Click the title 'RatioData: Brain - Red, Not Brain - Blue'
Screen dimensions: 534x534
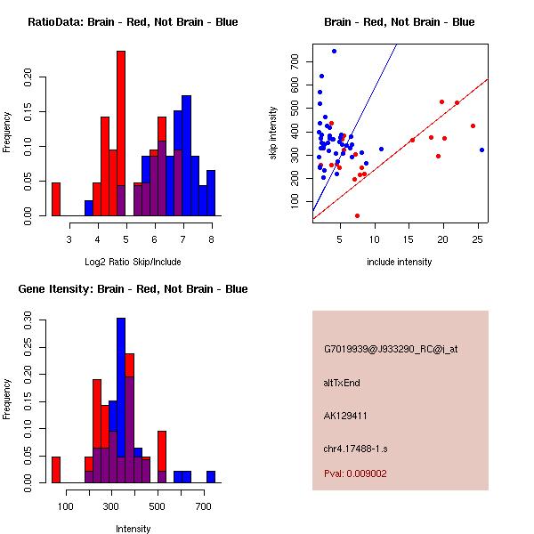tap(133, 21)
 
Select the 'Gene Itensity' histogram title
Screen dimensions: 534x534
tap(133, 289)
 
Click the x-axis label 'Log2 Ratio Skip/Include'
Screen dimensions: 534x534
tap(133, 262)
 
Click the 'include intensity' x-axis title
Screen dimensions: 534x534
tap(400, 262)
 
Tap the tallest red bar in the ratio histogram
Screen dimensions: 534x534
tap(121, 133)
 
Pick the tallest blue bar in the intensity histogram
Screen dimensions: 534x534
tap(121, 400)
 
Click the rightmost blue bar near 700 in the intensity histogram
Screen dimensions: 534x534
tap(211, 477)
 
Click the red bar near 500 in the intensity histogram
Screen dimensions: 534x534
tap(162, 457)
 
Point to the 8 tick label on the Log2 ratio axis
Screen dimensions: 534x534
tap(211, 239)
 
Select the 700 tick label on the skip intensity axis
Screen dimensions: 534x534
tap(295, 61)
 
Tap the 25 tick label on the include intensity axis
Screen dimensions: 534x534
tap(477, 239)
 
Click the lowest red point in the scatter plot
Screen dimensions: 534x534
tap(357, 215)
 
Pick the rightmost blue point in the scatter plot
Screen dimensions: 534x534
tap(481, 150)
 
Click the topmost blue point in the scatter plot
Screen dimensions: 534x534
tap(334, 51)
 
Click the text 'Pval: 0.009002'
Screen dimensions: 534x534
tap(355, 473)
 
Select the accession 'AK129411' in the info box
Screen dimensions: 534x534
tap(346, 416)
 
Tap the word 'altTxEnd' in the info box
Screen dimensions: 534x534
tap(342, 383)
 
